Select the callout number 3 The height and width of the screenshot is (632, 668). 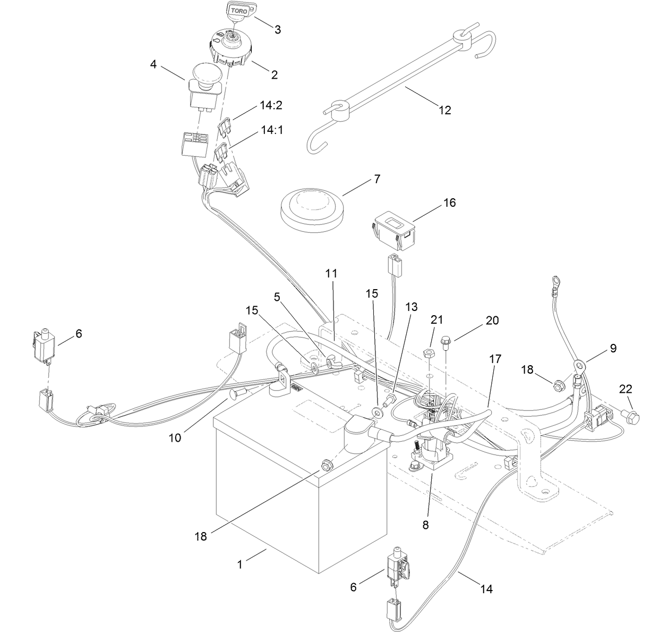point(277,29)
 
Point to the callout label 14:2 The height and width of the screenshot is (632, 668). point(271,105)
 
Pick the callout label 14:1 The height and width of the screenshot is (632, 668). point(271,129)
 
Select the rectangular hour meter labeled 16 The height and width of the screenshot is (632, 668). point(392,231)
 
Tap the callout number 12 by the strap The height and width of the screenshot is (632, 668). point(444,110)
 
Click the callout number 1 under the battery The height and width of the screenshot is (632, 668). point(240,564)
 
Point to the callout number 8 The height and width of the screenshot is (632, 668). point(426,525)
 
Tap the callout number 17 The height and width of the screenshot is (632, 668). point(494,359)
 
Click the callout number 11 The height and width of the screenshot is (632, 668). point(331,273)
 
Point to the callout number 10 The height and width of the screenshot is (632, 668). point(175,437)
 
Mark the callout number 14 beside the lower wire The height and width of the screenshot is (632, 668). point(486,589)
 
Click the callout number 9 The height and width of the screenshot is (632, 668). point(613,349)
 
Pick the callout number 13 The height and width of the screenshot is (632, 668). point(411,307)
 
